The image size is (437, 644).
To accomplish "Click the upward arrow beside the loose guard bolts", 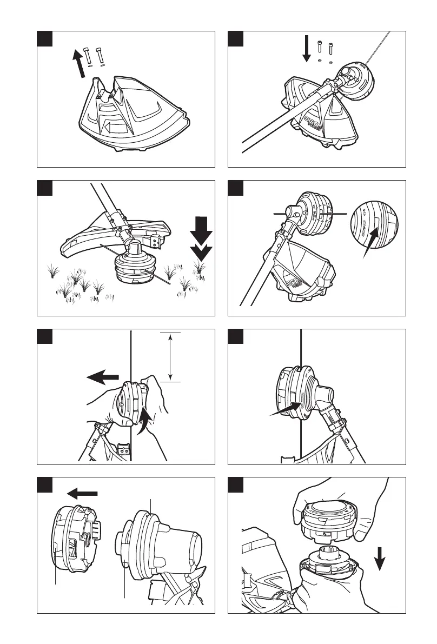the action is pos(79,62).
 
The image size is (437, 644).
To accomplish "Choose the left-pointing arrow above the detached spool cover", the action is pos(82,493).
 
